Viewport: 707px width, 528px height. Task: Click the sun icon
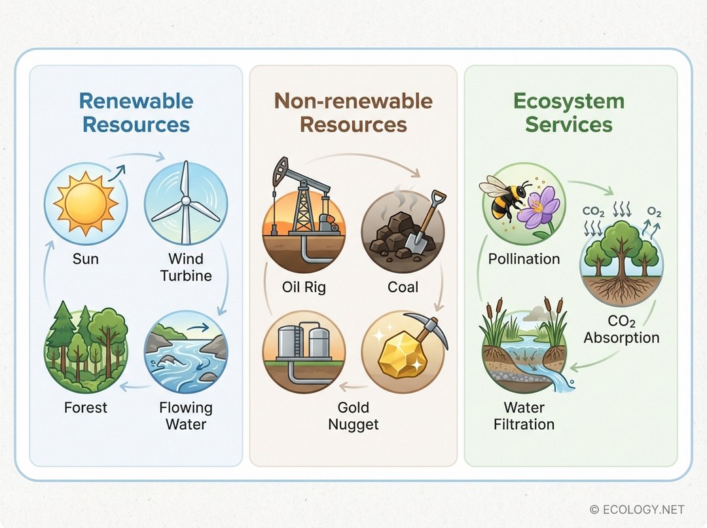tap(86, 202)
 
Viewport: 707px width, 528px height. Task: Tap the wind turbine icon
tap(185, 202)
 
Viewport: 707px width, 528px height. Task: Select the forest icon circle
tap(86, 351)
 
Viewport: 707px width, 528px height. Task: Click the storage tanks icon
tap(304, 351)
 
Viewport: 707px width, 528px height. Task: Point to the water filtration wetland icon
tap(524, 351)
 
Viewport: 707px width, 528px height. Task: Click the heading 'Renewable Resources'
tap(136, 113)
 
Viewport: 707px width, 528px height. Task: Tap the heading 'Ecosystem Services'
tap(568, 113)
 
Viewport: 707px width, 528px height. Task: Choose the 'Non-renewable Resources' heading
tap(353, 113)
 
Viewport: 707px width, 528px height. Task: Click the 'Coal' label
tap(403, 287)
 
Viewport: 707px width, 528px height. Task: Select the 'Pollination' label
tap(524, 259)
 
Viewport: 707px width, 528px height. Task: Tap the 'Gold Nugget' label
tap(353, 415)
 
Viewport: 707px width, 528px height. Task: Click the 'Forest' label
tap(86, 407)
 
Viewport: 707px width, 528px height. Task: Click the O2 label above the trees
tap(654, 212)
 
